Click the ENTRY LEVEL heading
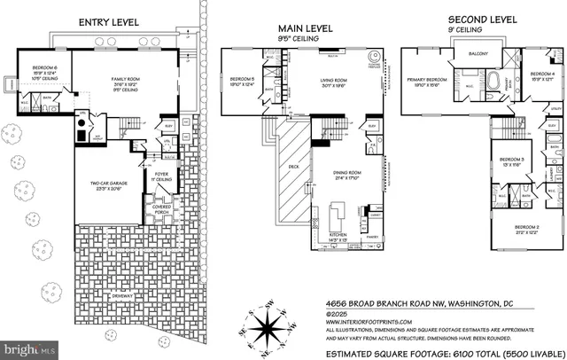click(109, 21)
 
